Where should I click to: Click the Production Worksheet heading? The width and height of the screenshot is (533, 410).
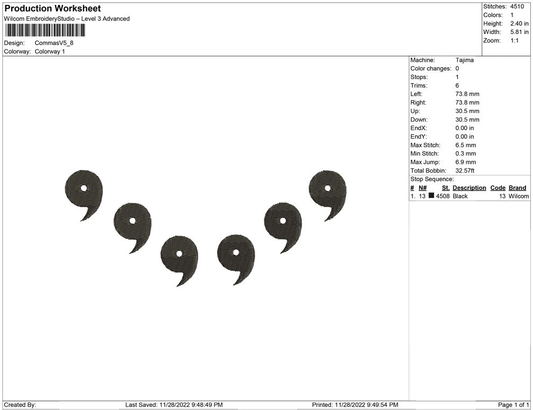pyautogui.click(x=53, y=9)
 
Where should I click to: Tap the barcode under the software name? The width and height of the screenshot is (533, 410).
pyautogui.click(x=45, y=31)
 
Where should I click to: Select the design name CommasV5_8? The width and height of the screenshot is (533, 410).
pyautogui.click(x=54, y=43)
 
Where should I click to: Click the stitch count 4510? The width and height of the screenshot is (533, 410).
pyautogui.click(x=517, y=6)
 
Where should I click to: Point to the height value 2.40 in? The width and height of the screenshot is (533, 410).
pyautogui.click(x=520, y=24)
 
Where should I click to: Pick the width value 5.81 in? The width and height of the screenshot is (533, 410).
pyautogui.click(x=520, y=32)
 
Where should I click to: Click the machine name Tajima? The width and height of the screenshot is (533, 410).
pyautogui.click(x=464, y=60)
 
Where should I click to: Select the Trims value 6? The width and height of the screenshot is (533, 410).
pyautogui.click(x=457, y=86)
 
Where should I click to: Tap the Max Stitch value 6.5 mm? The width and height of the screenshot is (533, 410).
pyautogui.click(x=466, y=145)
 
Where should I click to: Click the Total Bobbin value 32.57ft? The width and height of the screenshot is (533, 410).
pyautogui.click(x=465, y=171)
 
